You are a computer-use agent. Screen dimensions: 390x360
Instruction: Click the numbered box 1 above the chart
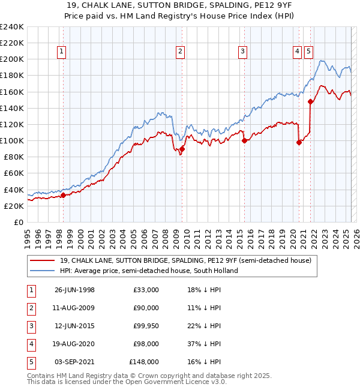click(62, 52)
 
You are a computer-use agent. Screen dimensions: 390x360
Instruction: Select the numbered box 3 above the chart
click(242, 52)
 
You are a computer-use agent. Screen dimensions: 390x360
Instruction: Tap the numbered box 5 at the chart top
click(308, 52)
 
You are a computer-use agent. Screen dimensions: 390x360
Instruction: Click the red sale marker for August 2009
click(182, 149)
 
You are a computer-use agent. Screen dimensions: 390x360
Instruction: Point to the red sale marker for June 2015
click(244, 141)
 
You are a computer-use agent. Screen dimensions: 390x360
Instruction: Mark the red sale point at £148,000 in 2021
click(310, 102)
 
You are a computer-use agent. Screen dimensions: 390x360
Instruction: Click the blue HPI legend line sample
click(43, 271)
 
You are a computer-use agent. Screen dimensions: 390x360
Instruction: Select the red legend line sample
click(43, 260)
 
